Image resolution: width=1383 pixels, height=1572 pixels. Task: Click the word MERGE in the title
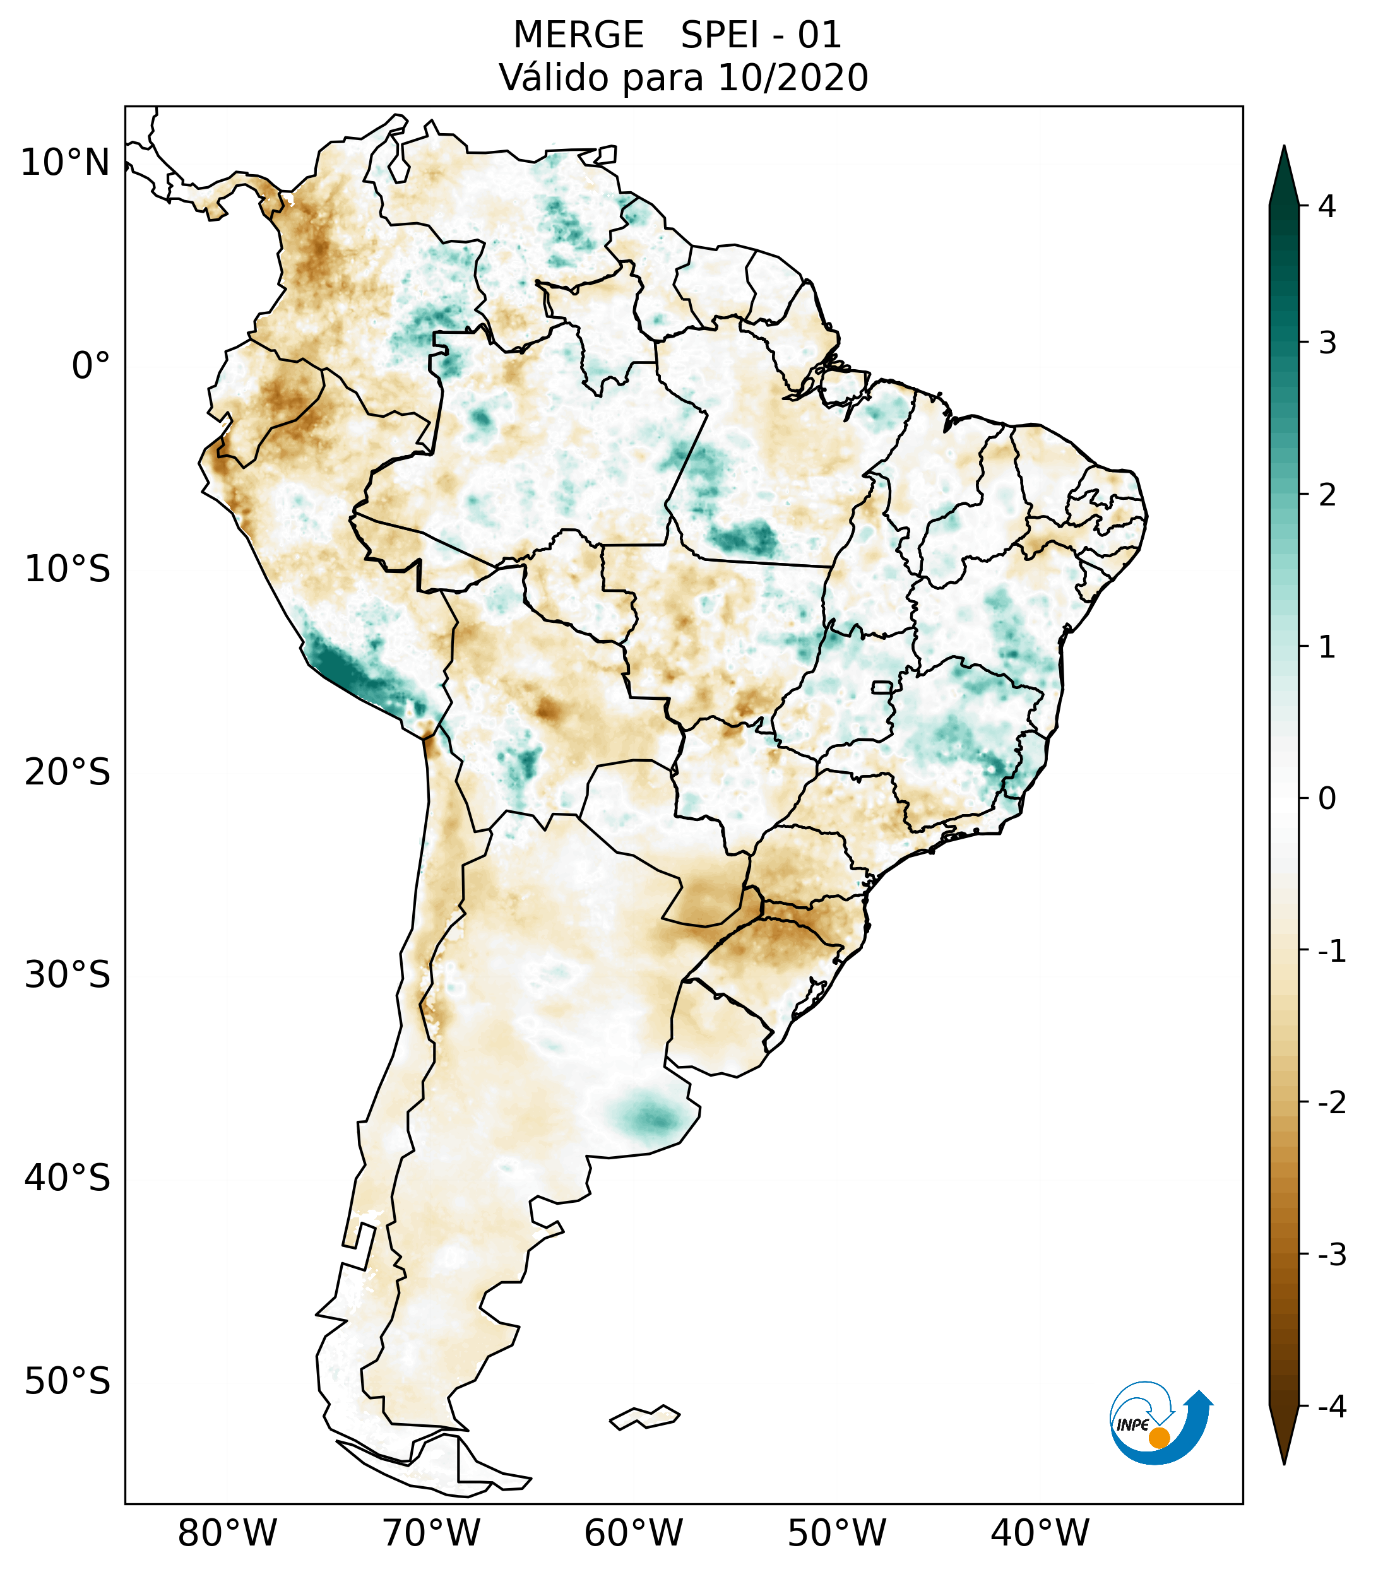578,35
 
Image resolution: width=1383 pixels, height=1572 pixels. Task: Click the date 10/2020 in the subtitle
792,78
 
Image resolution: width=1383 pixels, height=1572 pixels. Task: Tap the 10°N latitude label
66,163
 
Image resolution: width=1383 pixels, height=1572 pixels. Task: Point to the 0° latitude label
91,365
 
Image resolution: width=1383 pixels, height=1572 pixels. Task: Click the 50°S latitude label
68,1381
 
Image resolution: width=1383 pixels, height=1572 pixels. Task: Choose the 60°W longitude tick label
633,1533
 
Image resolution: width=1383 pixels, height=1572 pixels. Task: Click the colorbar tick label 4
1327,206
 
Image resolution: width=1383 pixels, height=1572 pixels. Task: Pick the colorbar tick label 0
1327,798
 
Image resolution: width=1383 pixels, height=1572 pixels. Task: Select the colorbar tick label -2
1331,1103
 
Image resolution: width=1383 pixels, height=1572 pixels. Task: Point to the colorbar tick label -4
1331,1407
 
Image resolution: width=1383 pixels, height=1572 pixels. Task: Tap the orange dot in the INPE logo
1158,1438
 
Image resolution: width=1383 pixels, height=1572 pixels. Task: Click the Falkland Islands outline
644,1417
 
